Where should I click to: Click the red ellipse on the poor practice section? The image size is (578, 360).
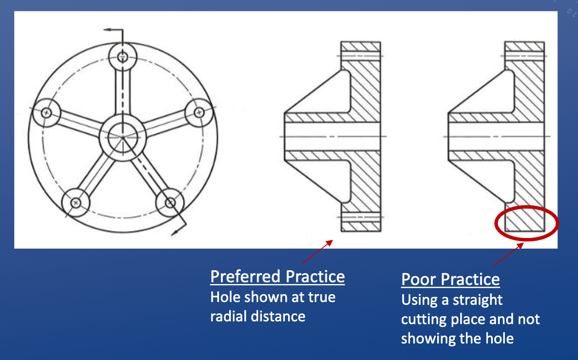click(x=495, y=224)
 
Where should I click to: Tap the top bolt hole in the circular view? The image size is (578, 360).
click(x=122, y=57)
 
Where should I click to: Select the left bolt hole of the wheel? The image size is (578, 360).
click(x=46, y=113)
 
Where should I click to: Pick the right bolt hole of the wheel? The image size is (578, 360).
click(x=199, y=112)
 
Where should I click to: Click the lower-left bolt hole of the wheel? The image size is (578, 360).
click(x=75, y=203)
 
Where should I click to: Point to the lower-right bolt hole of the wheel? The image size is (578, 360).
click(x=170, y=203)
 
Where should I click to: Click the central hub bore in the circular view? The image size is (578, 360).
click(x=123, y=138)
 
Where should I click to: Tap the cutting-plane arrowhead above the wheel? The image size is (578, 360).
click(x=107, y=29)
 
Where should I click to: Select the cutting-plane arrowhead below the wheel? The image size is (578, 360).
click(x=175, y=233)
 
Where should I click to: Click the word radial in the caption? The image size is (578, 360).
click(x=228, y=316)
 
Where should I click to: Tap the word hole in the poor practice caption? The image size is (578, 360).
click(x=500, y=338)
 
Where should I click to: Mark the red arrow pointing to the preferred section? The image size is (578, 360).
click(x=318, y=252)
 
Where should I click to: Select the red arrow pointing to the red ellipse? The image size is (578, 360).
click(x=509, y=255)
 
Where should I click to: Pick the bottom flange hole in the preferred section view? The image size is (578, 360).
click(x=361, y=217)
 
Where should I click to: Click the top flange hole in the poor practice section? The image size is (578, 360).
click(x=525, y=56)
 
